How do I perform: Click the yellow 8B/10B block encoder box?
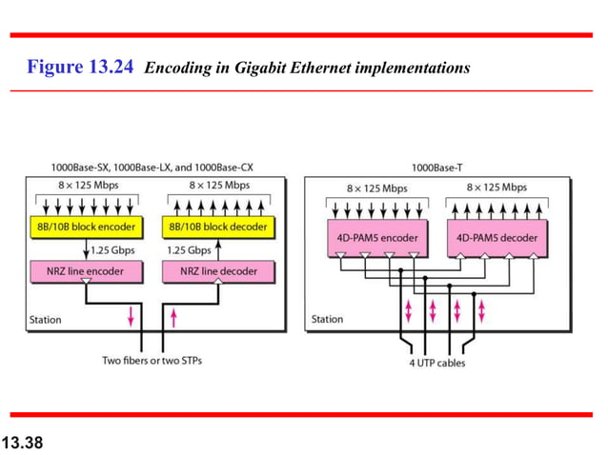(86, 227)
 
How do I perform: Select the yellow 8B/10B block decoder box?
(219, 227)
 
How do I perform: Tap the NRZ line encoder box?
(86, 271)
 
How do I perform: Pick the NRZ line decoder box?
(219, 271)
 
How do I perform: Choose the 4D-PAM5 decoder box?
(497, 237)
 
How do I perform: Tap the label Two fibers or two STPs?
(152, 361)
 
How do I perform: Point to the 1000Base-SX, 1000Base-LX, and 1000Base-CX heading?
(152, 167)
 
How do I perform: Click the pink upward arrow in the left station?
(172, 316)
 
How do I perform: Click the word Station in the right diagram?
(327, 320)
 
